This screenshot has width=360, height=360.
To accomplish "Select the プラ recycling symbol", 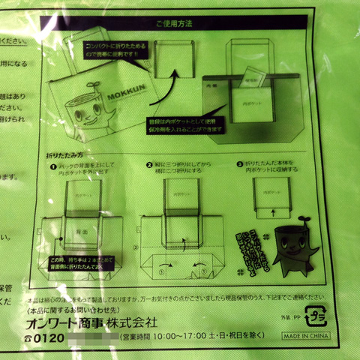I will pyautogui.click(x=316, y=313).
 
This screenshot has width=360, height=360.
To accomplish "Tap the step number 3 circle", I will pyautogui.click(x=239, y=163).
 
